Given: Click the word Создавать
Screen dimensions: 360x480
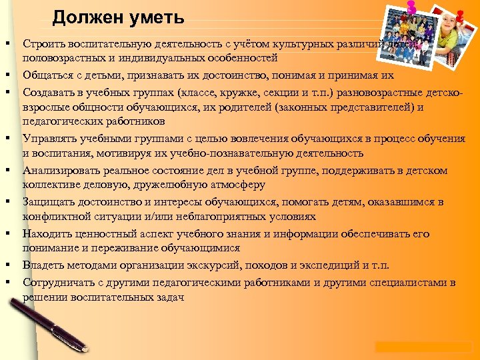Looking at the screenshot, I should click(48, 91).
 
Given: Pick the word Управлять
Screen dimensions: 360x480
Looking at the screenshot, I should click(49, 139).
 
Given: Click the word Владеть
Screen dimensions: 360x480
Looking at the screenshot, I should click(43, 265).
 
